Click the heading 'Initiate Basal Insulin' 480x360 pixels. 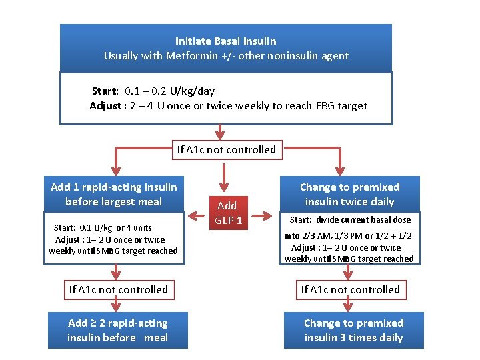[225, 41]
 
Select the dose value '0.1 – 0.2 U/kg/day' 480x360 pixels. [169, 91]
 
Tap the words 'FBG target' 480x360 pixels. [341, 106]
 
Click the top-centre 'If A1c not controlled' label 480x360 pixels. [226, 150]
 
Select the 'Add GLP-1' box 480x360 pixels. [227, 213]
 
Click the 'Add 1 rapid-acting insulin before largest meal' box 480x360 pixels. [114, 195]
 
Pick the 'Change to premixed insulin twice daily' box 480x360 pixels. [349, 195]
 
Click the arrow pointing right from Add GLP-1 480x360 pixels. [265, 215]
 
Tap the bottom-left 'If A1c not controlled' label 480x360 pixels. [118, 290]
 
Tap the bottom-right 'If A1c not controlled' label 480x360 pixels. [350, 290]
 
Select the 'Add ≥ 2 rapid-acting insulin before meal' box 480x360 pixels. [118, 331]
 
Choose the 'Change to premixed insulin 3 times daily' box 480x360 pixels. [353, 331]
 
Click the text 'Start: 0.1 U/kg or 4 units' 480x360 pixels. [103, 228]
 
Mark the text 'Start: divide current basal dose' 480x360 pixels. [350, 220]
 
